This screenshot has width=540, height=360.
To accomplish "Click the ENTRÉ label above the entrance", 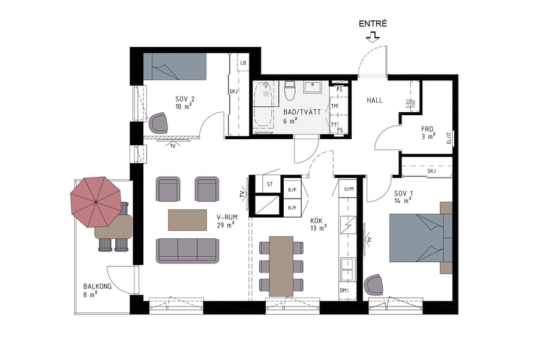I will pos(373,24).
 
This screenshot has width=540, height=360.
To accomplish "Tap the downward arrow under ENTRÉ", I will pos(373,37).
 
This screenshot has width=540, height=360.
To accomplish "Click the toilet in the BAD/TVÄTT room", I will pos(290,91).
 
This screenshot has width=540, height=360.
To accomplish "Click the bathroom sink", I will pos(313,88).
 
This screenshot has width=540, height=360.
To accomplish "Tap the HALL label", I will pos(374,100).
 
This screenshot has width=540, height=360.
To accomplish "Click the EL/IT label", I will pos(448,139).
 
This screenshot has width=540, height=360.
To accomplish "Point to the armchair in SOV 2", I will pos(160,123).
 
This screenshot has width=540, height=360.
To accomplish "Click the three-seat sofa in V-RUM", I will pos(187,250).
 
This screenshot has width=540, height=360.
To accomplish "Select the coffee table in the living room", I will pos(190,220).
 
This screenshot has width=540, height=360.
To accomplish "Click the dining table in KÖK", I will pos(281,266).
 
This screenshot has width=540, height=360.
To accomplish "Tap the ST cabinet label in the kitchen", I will pos(270,184).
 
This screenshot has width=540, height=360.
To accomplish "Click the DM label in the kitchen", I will pos(344,291).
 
